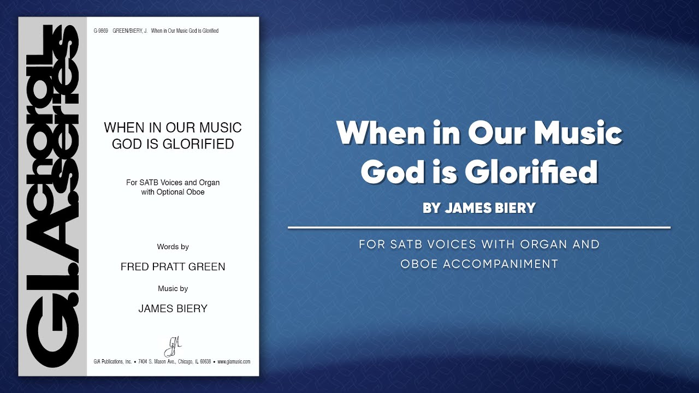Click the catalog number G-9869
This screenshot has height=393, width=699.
(x=100, y=31)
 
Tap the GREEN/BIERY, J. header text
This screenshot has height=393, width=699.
(x=130, y=31)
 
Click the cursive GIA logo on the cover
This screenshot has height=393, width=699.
(x=173, y=346)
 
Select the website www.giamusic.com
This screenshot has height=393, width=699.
(x=234, y=362)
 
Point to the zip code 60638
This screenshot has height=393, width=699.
(x=205, y=362)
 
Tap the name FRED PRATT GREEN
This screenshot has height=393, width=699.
(x=173, y=267)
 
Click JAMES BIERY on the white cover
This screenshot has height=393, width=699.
(x=173, y=308)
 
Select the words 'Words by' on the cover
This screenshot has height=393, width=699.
(x=173, y=247)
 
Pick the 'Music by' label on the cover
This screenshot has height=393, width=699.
(x=173, y=288)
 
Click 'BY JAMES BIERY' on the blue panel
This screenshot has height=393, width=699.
(x=479, y=208)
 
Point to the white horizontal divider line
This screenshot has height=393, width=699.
(x=479, y=227)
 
